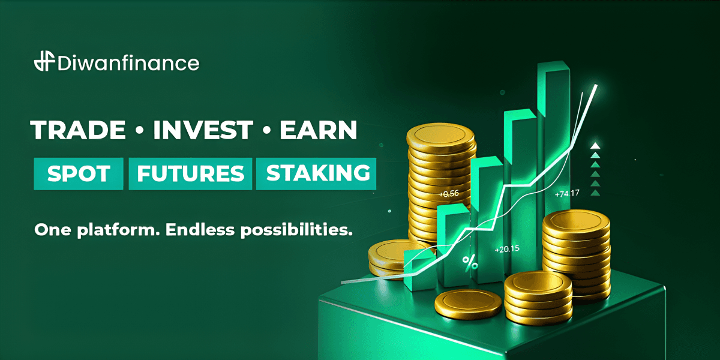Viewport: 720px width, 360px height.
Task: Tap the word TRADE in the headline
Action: pos(78,130)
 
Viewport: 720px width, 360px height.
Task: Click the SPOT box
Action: pos(79,173)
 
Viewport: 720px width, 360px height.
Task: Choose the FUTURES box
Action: pos(190,173)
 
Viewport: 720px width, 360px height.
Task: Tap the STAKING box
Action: pos(317,173)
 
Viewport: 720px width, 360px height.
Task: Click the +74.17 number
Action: pos(567,194)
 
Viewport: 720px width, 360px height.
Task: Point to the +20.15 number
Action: pos(506,249)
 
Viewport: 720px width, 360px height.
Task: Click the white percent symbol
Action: pos(470,262)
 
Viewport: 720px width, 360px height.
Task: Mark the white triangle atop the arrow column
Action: pos(595,145)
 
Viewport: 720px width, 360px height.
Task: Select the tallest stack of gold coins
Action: pos(442,180)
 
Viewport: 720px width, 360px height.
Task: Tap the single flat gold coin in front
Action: pos(468,303)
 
